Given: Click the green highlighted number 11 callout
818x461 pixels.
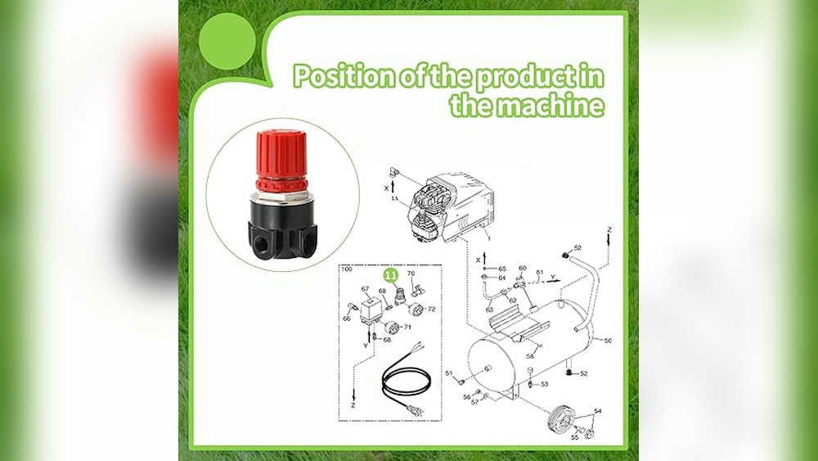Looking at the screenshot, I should (x=392, y=276).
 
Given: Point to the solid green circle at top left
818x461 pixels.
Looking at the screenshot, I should (x=227, y=42).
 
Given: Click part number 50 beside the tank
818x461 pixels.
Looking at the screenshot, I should (x=607, y=340).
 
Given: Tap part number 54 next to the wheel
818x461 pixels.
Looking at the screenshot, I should (x=598, y=411).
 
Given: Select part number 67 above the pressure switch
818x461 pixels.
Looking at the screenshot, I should (x=366, y=289).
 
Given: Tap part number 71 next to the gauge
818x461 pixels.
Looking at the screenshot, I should (x=407, y=327).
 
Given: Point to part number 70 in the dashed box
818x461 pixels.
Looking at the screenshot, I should (x=411, y=273).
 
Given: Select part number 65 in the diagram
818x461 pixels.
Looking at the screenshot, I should (x=501, y=269).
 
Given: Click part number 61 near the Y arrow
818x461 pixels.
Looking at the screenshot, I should (x=539, y=273).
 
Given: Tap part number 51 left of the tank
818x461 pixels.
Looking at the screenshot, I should (x=448, y=373).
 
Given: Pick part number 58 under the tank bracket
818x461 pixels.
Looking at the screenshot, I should (x=530, y=356).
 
